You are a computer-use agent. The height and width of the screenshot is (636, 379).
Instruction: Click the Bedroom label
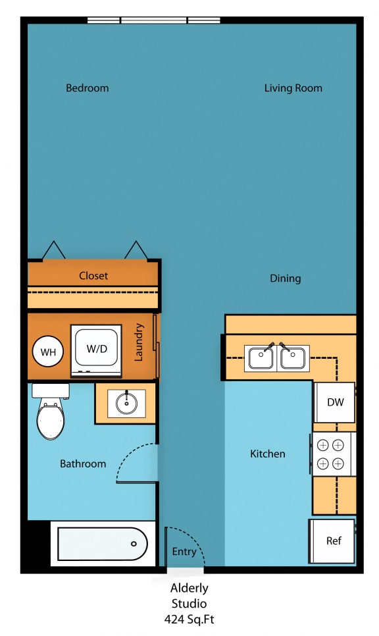[x=87, y=88]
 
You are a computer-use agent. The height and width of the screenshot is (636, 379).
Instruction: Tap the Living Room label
[x=293, y=88]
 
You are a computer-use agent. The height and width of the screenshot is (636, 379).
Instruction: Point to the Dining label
[x=285, y=278]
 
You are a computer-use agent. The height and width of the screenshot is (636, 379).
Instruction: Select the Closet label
[x=93, y=276]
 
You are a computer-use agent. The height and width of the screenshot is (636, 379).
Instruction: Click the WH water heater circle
[x=48, y=352]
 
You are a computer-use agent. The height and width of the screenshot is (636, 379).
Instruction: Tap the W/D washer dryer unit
[x=96, y=349]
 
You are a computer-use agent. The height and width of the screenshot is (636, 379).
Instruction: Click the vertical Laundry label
[x=139, y=342]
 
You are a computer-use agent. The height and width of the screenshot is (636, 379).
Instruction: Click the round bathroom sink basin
[x=126, y=402]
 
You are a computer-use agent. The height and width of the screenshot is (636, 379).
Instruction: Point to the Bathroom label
[x=83, y=464]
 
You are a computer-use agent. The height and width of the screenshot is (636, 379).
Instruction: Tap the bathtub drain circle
[x=134, y=544]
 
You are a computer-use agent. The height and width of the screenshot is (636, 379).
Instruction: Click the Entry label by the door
[x=184, y=552]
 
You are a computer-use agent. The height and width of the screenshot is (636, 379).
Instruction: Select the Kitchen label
[x=268, y=454]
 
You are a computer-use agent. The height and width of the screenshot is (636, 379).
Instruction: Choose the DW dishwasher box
[x=335, y=402]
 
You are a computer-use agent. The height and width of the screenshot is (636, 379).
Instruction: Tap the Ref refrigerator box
[x=334, y=541]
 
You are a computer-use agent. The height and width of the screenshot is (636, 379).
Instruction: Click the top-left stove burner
[x=322, y=444]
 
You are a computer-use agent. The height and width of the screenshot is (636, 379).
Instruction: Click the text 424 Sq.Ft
[x=189, y=619]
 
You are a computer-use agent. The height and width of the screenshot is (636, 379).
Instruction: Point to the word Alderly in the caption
[x=189, y=588]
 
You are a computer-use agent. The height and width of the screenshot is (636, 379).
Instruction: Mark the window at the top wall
[x=153, y=20]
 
